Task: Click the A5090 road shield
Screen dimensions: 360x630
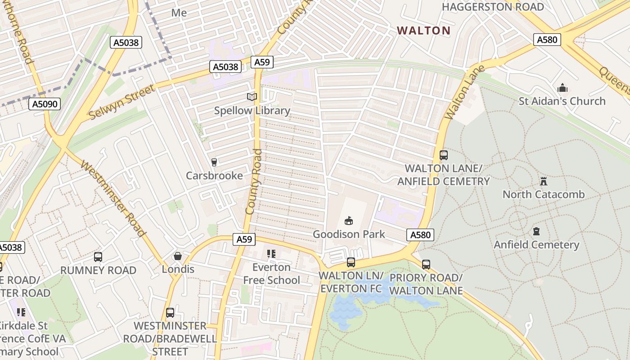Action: click(45, 104)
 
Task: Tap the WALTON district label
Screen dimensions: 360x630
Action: click(423, 31)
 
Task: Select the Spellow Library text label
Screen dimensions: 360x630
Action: click(252, 111)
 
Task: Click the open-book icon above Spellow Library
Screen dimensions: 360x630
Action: click(252, 97)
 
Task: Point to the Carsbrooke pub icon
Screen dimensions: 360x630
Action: click(214, 162)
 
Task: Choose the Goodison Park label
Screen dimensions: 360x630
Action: click(349, 234)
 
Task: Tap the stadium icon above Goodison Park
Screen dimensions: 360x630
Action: click(348, 220)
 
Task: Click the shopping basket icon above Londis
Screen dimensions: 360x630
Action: click(178, 256)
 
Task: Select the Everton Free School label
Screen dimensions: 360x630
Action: click(271, 274)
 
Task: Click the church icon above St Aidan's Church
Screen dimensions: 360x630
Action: click(562, 88)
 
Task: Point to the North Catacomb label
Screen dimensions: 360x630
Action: click(543, 194)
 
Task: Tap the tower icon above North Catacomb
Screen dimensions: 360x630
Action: click(543, 181)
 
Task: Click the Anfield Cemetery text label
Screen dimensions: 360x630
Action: click(536, 245)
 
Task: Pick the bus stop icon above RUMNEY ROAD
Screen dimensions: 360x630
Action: click(98, 257)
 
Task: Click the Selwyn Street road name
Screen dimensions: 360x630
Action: click(121, 101)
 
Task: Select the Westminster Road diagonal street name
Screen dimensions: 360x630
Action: click(113, 198)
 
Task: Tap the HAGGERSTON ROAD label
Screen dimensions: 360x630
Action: click(493, 7)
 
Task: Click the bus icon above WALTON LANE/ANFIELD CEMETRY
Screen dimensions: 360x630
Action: click(444, 155)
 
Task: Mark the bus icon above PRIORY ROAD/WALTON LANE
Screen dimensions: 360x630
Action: click(426, 265)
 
